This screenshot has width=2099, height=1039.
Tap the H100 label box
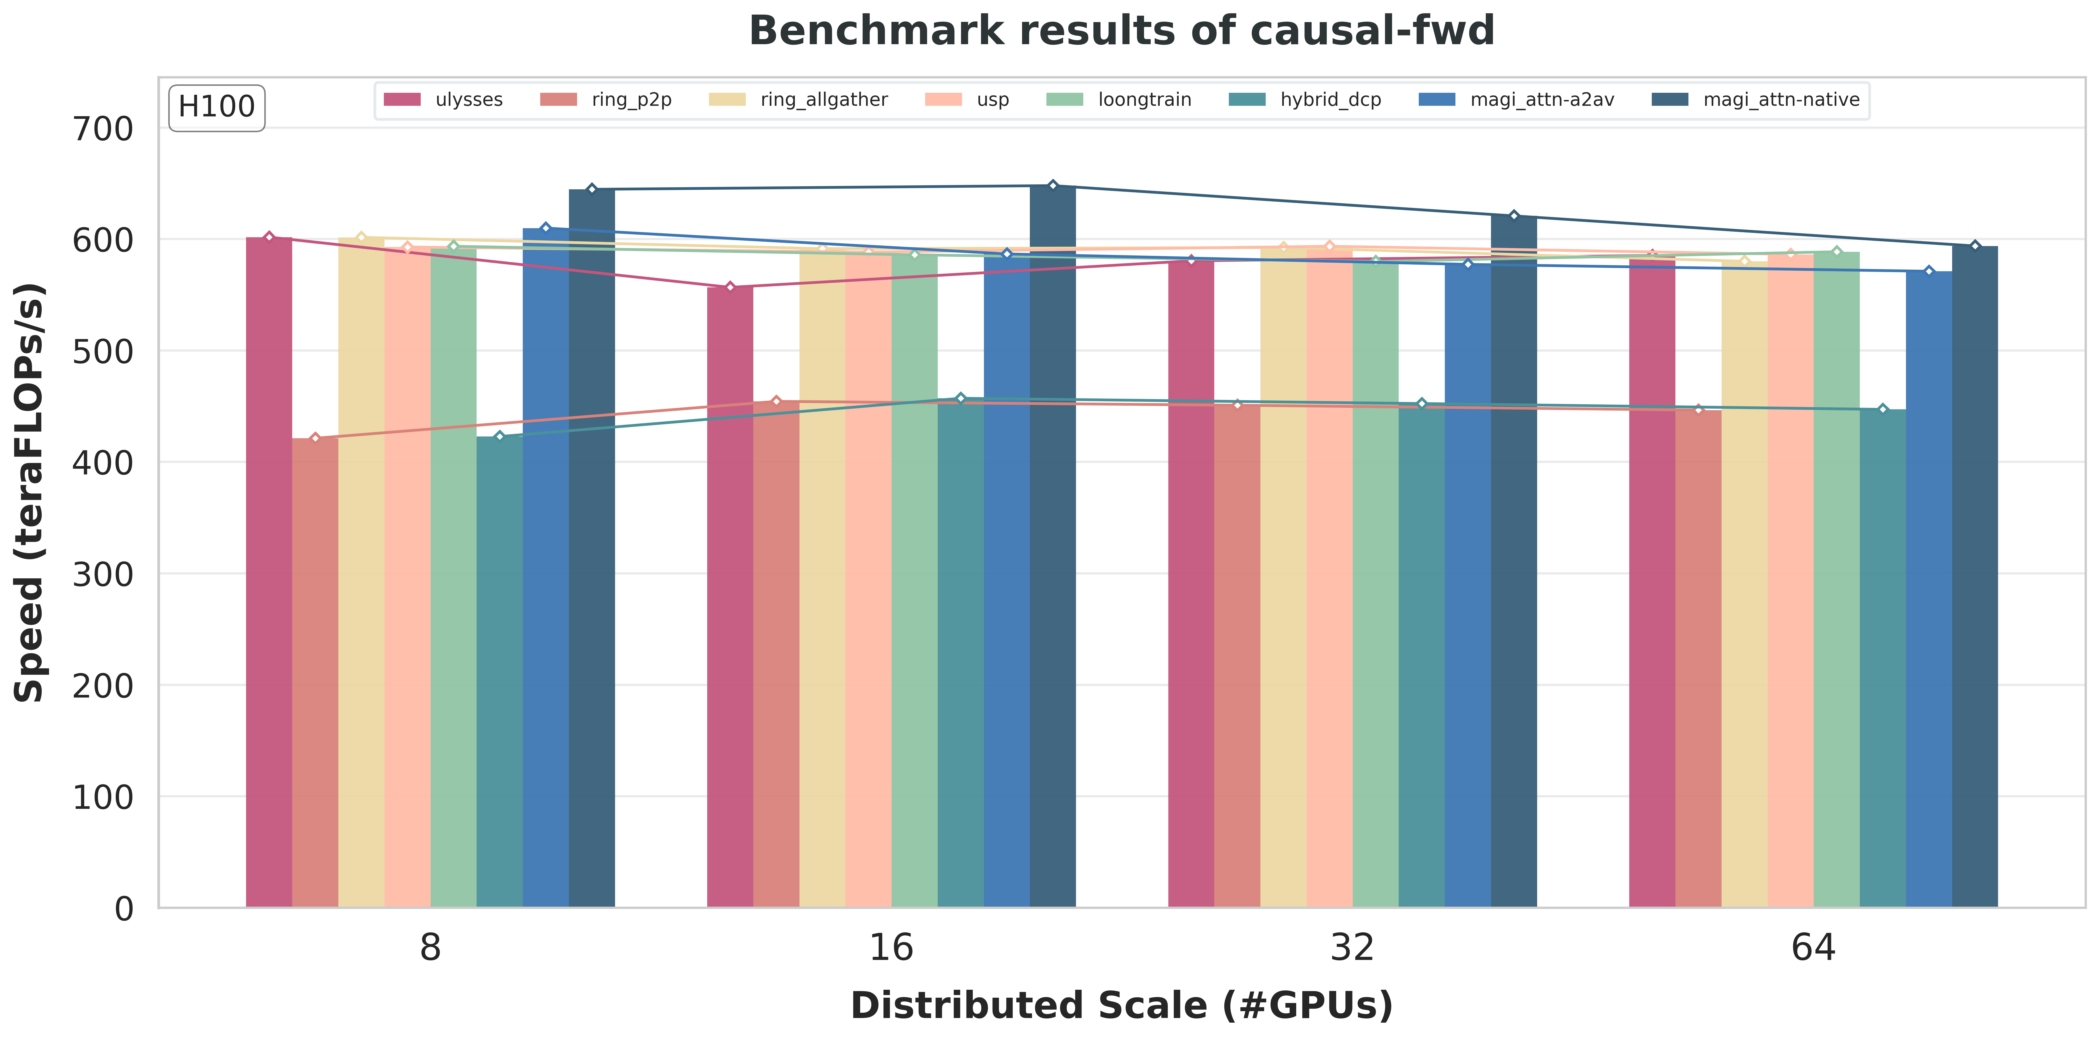click(217, 107)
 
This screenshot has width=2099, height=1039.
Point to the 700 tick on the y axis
click(103, 129)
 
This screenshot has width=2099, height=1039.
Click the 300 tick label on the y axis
click(103, 574)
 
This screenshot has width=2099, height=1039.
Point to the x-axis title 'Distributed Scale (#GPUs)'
click(1121, 1006)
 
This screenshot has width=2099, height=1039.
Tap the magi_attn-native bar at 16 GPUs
click(1053, 546)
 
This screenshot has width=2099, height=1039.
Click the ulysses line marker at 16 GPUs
click(730, 287)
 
